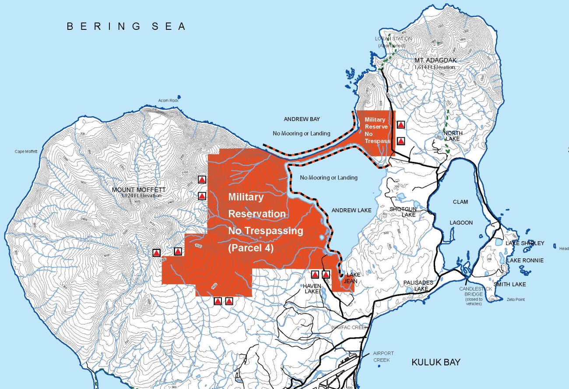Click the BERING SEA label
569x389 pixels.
(126, 26)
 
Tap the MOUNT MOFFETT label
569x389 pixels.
(139, 190)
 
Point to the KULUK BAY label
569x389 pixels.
(436, 362)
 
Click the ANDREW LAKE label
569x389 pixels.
(351, 211)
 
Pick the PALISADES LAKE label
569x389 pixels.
(418, 286)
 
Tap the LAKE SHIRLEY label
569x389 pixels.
(525, 243)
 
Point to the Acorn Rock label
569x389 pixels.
(169, 100)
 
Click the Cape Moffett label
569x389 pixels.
(26, 152)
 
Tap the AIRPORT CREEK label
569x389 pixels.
(383, 356)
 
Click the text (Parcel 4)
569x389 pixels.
(251, 248)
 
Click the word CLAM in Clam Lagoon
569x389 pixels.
(460, 202)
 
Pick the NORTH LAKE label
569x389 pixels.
(453, 136)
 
